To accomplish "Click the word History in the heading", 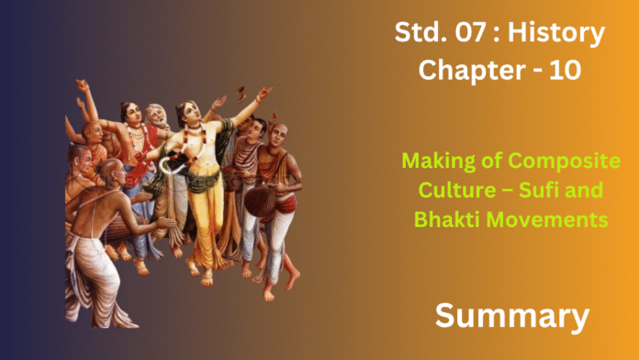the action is tap(556, 34).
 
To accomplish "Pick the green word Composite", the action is tap(565, 162).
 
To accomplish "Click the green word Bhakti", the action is tap(447, 219).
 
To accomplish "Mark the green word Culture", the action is tap(457, 190).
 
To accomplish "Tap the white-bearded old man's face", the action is tap(158, 117).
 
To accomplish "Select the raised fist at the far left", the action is tap(83, 84).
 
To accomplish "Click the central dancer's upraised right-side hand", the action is tap(264, 93).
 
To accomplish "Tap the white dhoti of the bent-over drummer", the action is tap(93, 278).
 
